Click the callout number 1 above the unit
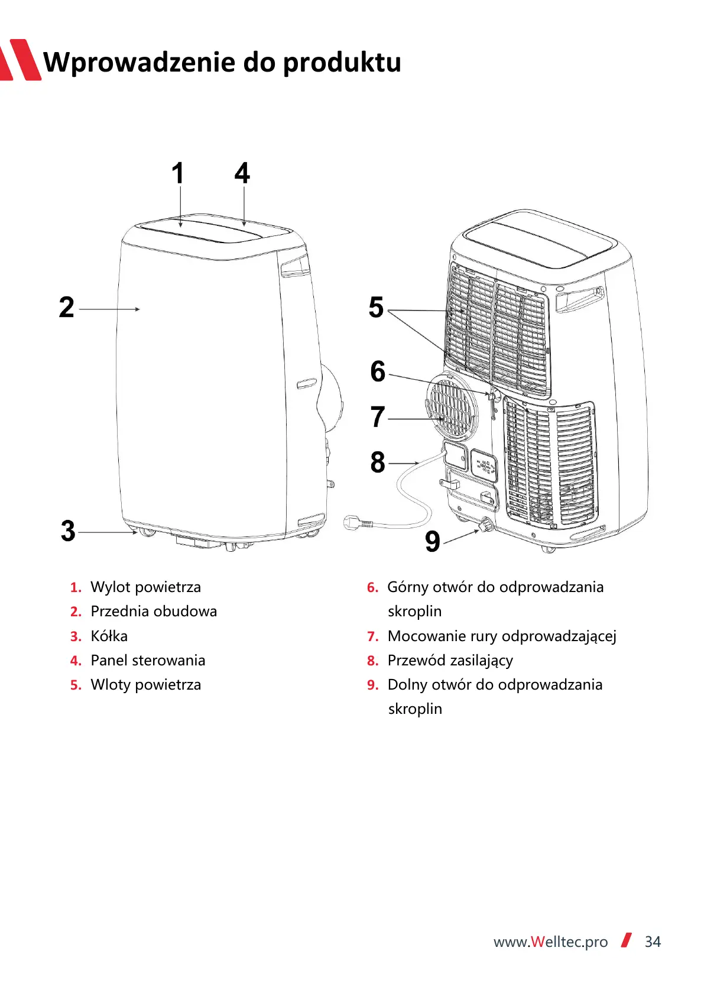pyautogui.click(x=178, y=174)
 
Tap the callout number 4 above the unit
pyautogui.click(x=242, y=174)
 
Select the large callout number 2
pyautogui.click(x=67, y=308)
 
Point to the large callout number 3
pyautogui.click(x=69, y=531)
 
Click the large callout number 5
pyautogui.click(x=377, y=308)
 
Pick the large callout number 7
pyautogui.click(x=378, y=417)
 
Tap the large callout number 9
pyautogui.click(x=433, y=541)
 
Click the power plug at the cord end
pyautogui.click(x=355, y=523)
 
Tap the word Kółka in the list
pyautogui.click(x=109, y=636)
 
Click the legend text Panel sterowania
pyautogui.click(x=148, y=660)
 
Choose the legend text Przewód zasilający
pyautogui.click(x=450, y=660)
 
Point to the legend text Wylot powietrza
pyautogui.click(x=145, y=587)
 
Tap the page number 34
pyautogui.click(x=653, y=942)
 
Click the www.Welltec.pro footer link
pyautogui.click(x=550, y=942)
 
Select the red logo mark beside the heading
pyautogui.click(x=21, y=60)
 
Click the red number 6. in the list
pyautogui.click(x=372, y=587)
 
